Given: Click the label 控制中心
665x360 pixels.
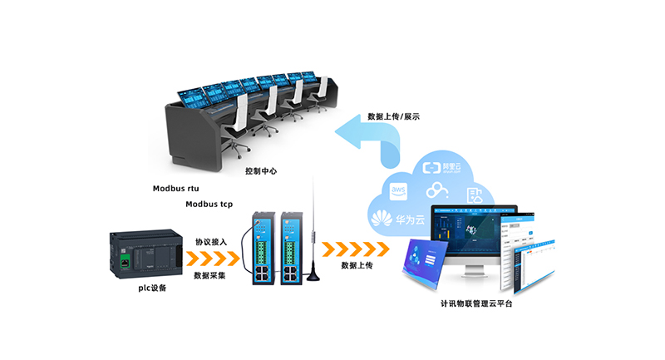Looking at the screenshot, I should tap(260, 171).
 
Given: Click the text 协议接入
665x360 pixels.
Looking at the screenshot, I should tap(210, 242).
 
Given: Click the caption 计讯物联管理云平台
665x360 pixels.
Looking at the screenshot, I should tap(475, 304).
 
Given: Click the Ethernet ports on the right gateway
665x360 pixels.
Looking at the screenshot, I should tap(292, 271).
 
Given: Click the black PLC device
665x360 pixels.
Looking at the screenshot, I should tap(145, 254).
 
